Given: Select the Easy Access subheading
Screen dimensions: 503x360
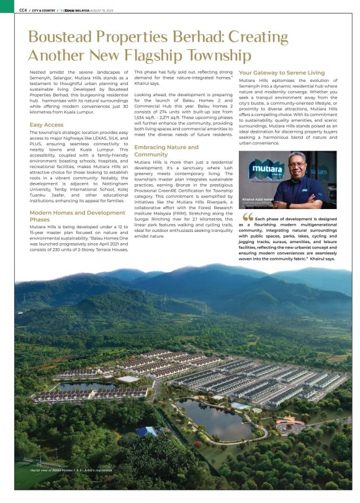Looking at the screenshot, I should coord(47,125).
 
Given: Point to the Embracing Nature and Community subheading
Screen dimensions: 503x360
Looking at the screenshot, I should coord(166,151).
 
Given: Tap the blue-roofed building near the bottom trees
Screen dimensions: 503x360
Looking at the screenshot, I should coord(148,430).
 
